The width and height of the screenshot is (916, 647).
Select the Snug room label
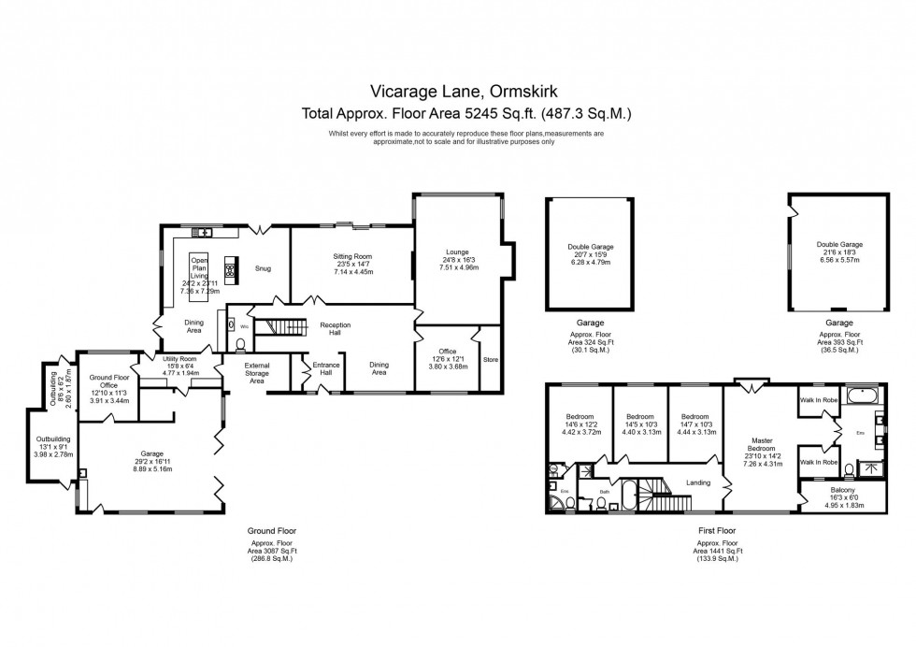263,268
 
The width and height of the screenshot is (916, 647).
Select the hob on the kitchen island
229,271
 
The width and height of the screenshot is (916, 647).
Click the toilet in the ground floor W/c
241,342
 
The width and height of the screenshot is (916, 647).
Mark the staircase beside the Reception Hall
278,326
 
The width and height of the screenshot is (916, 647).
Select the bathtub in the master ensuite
863,397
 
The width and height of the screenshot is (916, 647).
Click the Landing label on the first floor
698,482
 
